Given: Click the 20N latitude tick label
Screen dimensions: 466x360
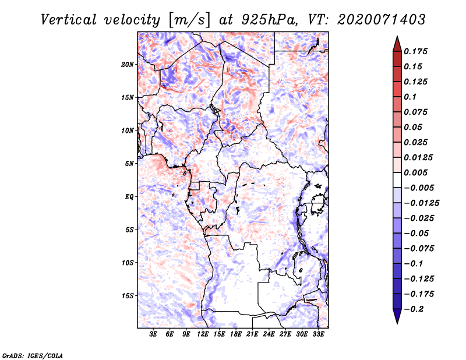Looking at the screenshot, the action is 128,65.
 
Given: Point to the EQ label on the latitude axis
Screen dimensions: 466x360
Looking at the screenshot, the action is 129,197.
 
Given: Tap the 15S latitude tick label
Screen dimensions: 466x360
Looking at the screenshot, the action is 128,296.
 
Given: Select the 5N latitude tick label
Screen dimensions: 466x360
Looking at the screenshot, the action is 129,164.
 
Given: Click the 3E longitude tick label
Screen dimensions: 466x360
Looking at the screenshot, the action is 153,334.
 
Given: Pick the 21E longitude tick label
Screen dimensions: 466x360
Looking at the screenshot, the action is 252,334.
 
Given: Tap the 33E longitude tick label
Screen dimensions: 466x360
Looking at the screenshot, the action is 318,334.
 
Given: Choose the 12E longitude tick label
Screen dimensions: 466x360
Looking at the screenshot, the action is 203,334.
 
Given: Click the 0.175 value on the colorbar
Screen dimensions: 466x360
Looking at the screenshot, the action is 415,51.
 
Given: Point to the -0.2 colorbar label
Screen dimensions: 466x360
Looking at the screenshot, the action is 414,309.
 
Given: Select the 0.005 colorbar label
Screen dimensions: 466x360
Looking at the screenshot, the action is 415,172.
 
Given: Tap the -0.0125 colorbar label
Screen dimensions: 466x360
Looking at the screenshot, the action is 421,203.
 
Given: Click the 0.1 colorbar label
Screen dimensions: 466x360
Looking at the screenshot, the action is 410,97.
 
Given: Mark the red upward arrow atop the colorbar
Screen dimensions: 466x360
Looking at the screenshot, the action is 397,44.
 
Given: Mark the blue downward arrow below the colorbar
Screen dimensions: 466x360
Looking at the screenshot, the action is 397,316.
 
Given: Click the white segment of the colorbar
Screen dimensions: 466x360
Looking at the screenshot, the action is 397,180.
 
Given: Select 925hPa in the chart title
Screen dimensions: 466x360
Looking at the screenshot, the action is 269,20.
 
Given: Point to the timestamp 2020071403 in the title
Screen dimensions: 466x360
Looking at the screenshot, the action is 382,20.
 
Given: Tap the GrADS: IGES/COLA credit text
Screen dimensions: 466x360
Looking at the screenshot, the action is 33,355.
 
